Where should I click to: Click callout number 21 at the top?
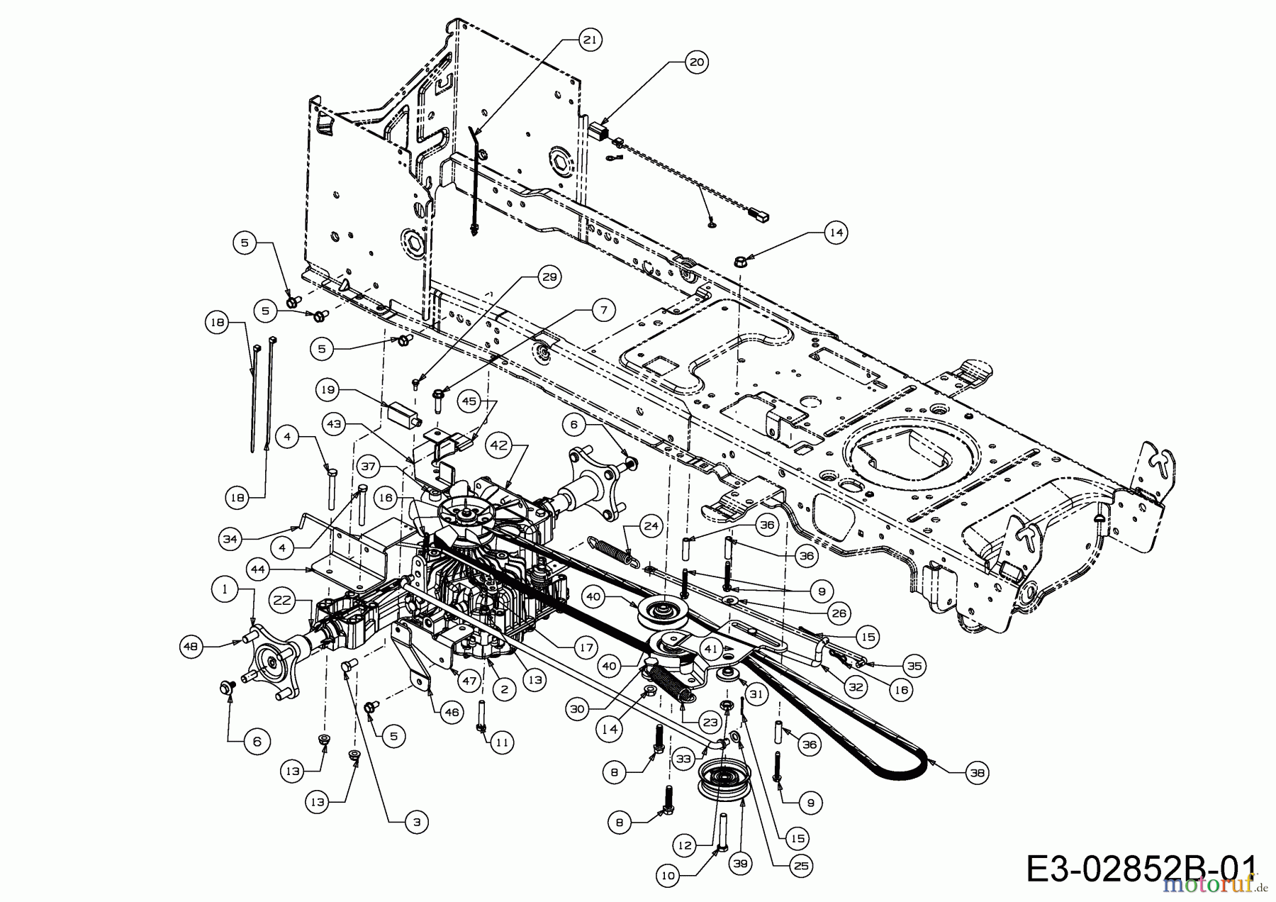pos(589,40)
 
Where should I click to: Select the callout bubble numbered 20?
pos(697,62)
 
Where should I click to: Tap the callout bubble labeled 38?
pos(977,773)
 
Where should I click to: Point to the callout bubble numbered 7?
pos(603,309)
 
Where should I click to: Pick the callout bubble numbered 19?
pos(328,390)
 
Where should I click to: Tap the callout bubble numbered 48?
pos(192,646)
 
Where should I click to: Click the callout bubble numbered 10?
pos(668,876)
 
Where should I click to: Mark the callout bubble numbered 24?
pos(651,527)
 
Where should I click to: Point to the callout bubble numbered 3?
pos(416,822)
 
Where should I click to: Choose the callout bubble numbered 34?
pos(229,540)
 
